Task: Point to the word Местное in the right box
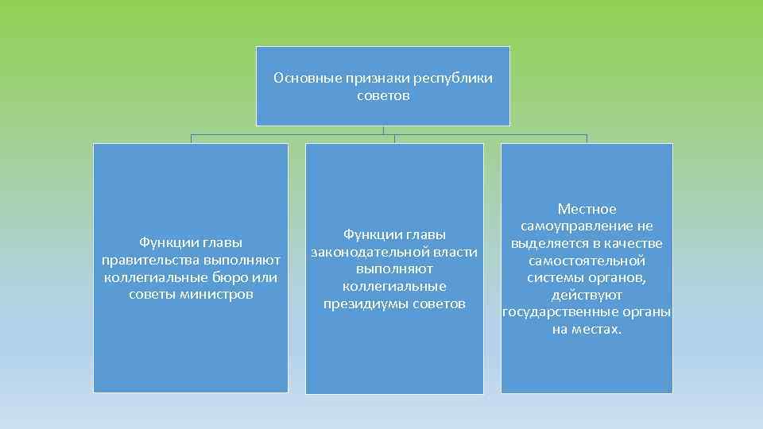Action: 587,209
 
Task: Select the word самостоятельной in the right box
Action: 587,261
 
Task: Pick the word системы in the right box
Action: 556,278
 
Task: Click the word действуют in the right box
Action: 587,296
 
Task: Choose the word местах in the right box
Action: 598,330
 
